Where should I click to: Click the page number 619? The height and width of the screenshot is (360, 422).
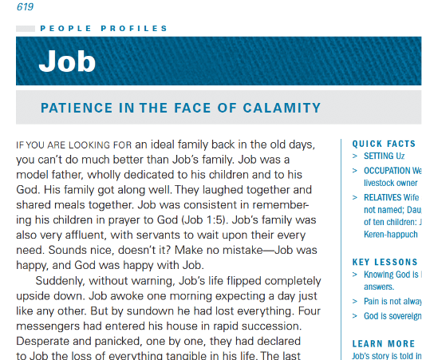click(25, 7)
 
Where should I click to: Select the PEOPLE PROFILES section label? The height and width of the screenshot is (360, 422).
click(104, 29)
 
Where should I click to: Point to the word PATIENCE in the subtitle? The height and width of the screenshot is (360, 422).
click(74, 109)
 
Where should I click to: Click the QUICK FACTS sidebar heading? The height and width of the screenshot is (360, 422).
click(384, 144)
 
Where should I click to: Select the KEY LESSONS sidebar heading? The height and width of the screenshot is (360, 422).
click(384, 262)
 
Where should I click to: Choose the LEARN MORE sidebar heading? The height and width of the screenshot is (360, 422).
click(384, 344)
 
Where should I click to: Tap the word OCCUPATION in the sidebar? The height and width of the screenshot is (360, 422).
click(387, 170)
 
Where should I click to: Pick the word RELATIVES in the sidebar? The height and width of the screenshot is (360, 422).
click(383, 196)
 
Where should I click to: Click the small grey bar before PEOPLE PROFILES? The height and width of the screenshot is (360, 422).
click(26, 29)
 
